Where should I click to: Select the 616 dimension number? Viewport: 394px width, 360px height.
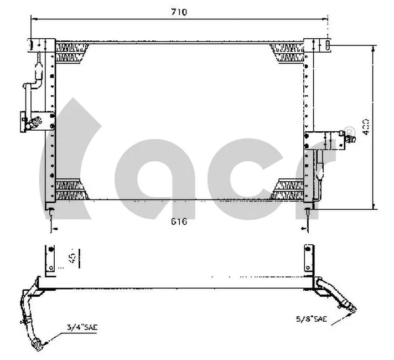179,222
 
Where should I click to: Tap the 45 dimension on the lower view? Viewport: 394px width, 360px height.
72,257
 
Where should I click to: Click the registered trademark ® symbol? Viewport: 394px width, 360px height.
349,131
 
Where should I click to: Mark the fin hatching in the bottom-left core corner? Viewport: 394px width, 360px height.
71,190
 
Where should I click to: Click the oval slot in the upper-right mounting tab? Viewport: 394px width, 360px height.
327,44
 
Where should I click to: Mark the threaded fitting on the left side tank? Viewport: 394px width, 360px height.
37,121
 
